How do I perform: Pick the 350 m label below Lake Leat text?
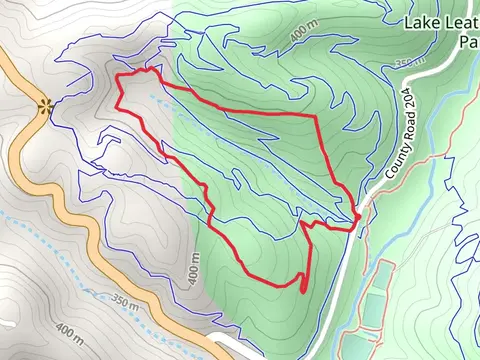click(409, 62)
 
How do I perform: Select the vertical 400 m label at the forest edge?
click(193, 267)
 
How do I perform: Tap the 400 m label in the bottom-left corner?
click(70, 329)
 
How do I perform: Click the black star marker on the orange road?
click(44, 106)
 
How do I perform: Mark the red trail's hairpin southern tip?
click(302, 290)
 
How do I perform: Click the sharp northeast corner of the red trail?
click(317, 117)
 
